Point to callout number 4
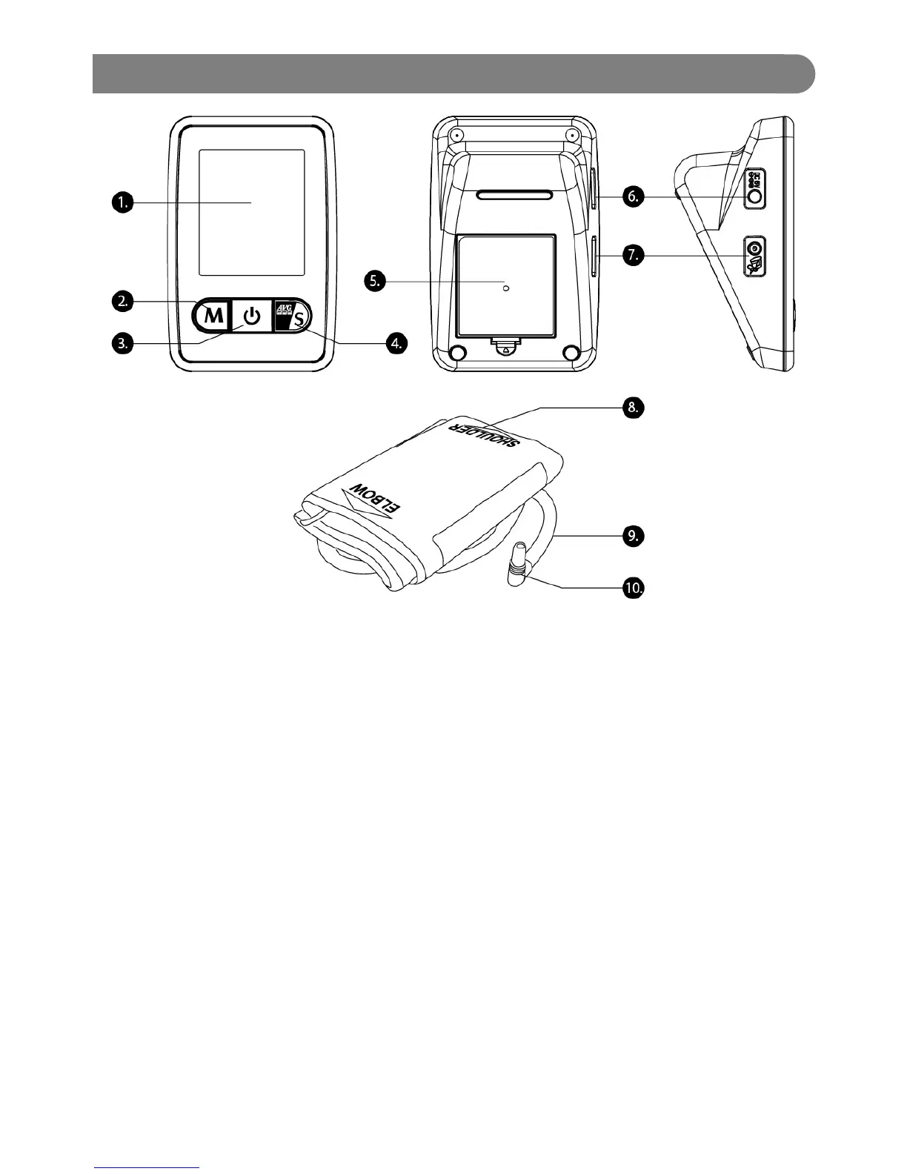point(397,342)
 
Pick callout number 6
point(632,196)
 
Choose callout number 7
point(632,255)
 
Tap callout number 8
point(632,407)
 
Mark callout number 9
point(632,536)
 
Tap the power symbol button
point(253,317)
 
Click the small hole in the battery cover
point(506,288)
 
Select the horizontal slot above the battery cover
point(515,196)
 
